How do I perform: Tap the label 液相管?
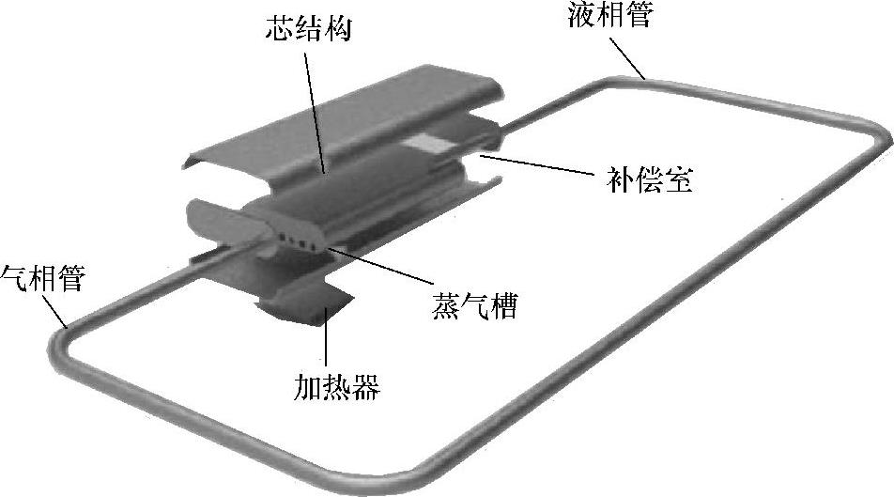pos(609,16)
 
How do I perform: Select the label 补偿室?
pos(645,179)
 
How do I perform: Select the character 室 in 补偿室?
pos(677,179)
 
